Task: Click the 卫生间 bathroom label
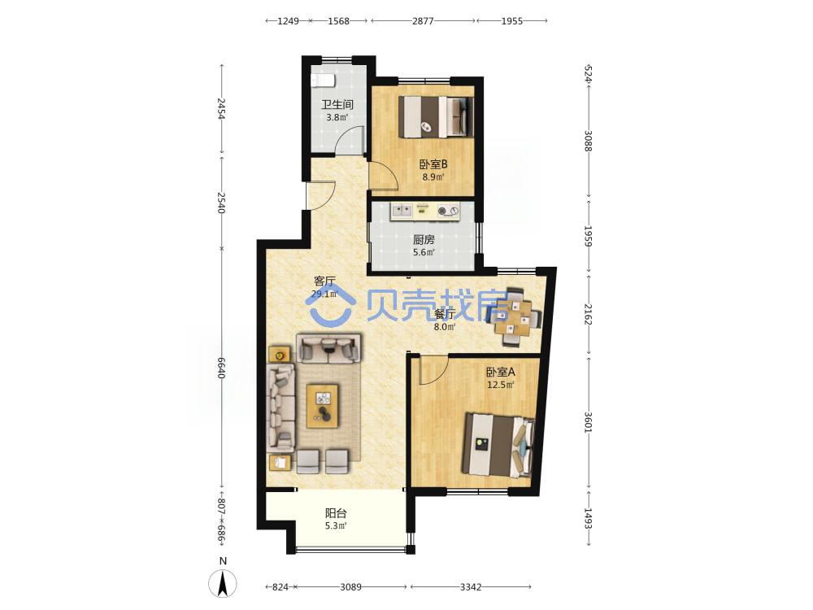point(337,104)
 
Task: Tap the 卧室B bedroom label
point(433,164)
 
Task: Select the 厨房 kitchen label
point(424,240)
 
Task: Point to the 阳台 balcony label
point(336,513)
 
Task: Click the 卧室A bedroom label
point(500,372)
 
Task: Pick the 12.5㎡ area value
point(500,385)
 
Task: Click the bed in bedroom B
point(436,117)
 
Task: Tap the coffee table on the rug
point(322,406)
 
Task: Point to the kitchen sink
point(402,211)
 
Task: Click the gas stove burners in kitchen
point(448,211)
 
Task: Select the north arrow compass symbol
point(223,583)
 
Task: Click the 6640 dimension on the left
point(221,368)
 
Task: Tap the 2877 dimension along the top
point(423,21)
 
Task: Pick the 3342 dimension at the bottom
point(470,586)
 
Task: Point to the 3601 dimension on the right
point(588,422)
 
